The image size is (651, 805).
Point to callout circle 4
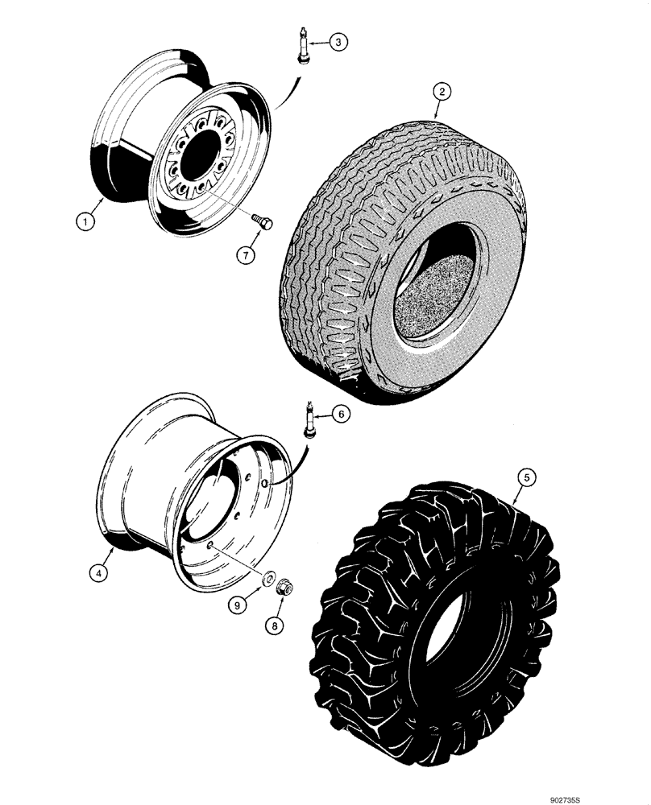click(97, 574)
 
